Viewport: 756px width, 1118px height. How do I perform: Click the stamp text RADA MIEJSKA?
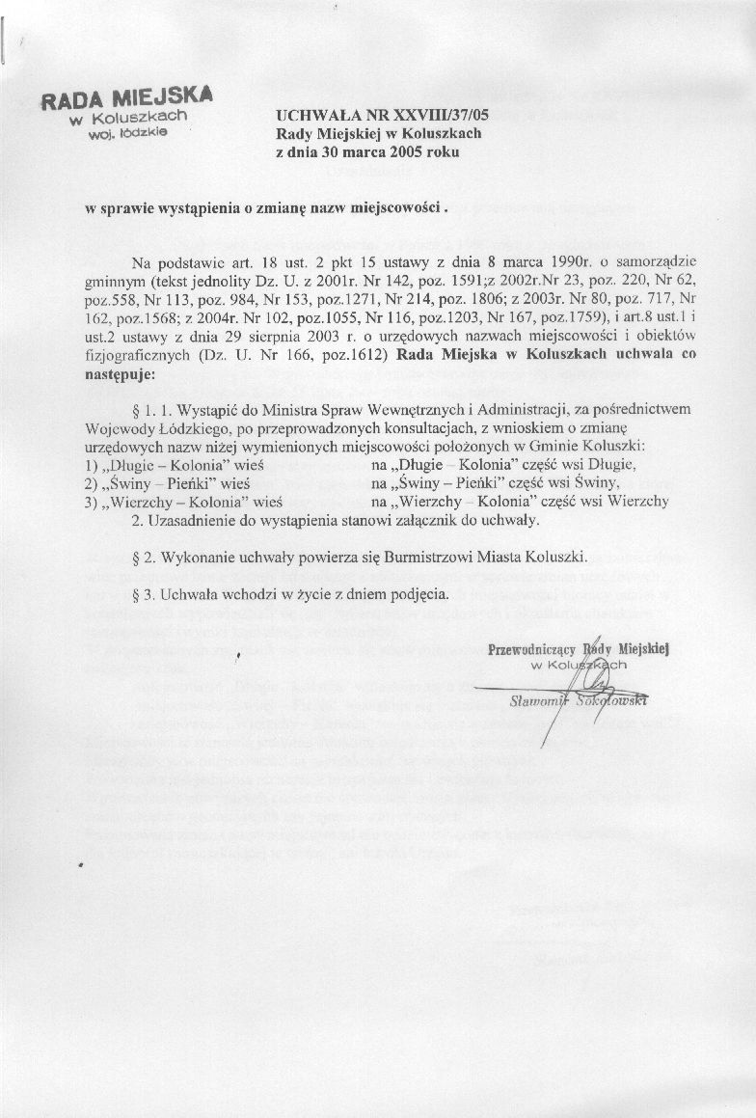pyautogui.click(x=126, y=98)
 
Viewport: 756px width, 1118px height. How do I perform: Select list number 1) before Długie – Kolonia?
pyautogui.click(x=93, y=464)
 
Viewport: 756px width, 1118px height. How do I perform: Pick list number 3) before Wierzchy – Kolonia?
pyautogui.click(x=93, y=501)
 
